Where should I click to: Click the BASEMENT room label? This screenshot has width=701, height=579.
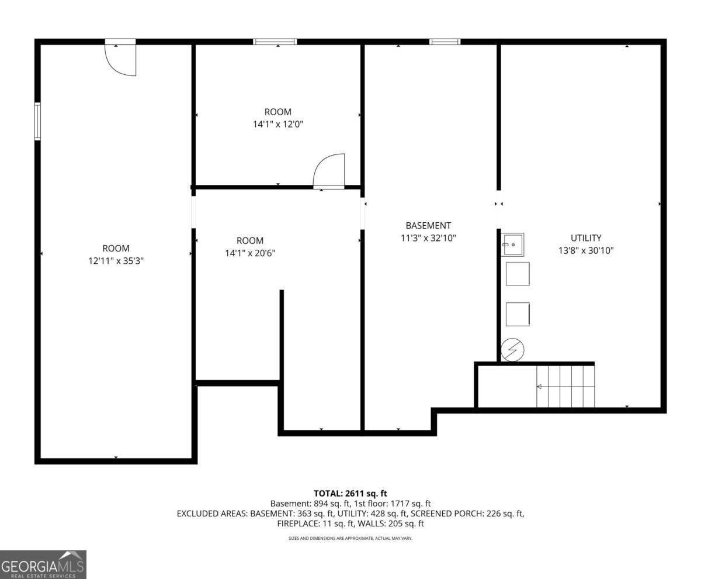tap(428, 225)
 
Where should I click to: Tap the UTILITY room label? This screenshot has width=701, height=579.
tap(586, 238)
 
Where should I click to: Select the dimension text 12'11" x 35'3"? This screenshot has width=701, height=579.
tap(116, 261)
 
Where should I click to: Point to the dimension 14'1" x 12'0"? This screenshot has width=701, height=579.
tap(278, 124)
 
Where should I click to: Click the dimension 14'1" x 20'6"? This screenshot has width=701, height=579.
tap(249, 253)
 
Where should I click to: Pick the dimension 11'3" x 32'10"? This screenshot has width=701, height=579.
tap(428, 238)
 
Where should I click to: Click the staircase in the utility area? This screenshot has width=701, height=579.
tap(565, 386)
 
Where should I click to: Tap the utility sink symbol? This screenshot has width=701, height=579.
tap(513, 244)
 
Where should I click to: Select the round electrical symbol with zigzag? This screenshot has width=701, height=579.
tap(513, 350)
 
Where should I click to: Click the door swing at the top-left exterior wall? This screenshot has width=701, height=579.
tap(121, 59)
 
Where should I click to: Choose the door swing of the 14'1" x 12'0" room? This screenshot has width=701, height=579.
tap(329, 171)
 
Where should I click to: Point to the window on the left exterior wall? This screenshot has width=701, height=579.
tap(37, 121)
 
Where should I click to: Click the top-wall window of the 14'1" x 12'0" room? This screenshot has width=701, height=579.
tap(275, 42)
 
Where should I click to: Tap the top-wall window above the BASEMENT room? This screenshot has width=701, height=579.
tap(445, 42)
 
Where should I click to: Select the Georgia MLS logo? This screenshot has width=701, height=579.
tap(43, 564)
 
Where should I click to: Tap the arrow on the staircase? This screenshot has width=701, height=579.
tap(539, 387)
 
